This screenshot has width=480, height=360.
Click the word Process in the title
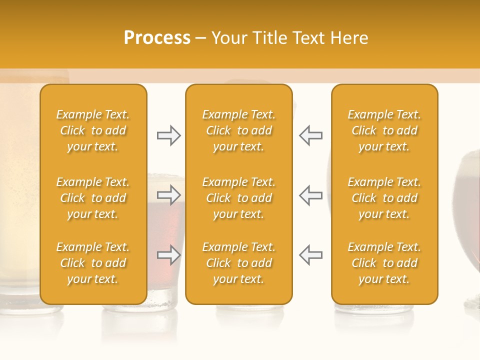157,38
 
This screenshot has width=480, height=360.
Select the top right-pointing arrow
168,135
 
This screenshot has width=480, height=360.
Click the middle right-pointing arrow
168,195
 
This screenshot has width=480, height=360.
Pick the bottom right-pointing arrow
168,255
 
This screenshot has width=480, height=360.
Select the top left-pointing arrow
310,135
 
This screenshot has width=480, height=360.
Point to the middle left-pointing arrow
310,195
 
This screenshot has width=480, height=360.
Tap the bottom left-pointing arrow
310,255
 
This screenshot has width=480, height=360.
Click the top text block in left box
93,130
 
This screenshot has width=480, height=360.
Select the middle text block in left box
93,198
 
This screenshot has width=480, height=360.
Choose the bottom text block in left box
93,263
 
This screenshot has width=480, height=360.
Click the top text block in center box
238,130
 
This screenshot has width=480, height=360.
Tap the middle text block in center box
238,198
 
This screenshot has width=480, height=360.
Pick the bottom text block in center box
238,263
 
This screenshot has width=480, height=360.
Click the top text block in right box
384,130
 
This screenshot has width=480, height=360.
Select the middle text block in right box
384,198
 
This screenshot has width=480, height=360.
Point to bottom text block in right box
384,263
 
